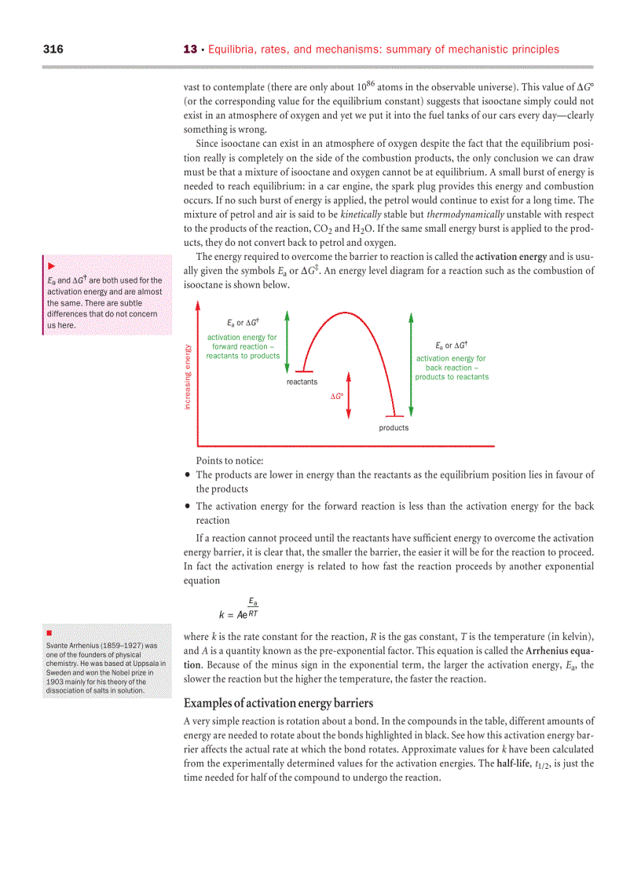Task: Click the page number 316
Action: coord(53,49)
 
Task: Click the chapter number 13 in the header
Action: coord(189,49)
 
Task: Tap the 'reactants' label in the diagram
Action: coord(302,382)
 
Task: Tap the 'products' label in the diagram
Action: coord(394,428)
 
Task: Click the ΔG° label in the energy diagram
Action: coord(336,397)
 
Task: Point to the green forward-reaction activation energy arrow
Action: coord(288,341)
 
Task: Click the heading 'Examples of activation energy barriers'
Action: coord(278,702)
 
